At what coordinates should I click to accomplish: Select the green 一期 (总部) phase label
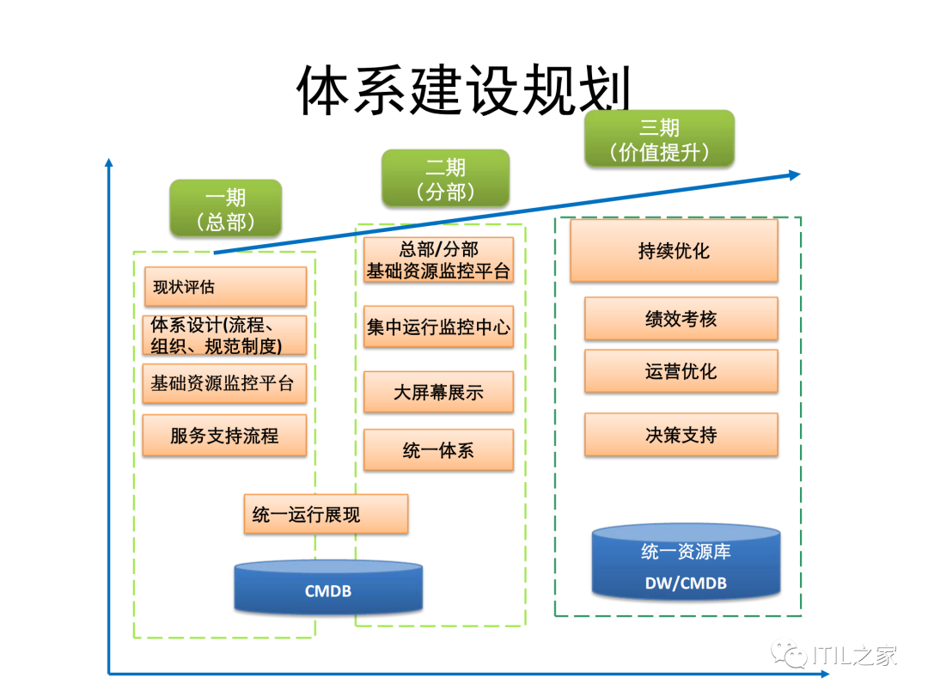click(x=226, y=209)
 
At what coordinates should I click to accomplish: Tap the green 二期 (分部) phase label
click(x=445, y=179)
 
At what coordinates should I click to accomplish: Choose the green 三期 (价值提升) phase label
click(x=660, y=139)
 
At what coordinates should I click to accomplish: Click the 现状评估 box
click(x=224, y=286)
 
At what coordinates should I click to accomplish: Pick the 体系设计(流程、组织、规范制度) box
click(x=224, y=335)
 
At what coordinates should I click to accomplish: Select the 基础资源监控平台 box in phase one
click(x=224, y=383)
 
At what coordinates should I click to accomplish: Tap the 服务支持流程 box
click(x=224, y=436)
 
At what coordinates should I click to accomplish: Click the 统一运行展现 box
click(x=325, y=514)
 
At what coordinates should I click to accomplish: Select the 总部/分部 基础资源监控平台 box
click(x=438, y=260)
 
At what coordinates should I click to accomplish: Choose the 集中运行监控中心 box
click(x=438, y=327)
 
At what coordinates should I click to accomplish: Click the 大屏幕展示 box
click(x=438, y=393)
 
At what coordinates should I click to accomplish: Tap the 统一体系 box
click(x=438, y=450)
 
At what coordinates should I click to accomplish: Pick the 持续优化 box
click(x=674, y=251)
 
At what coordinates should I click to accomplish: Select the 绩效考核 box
click(x=681, y=319)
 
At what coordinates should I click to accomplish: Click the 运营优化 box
click(x=681, y=371)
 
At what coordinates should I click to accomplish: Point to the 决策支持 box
click(x=681, y=435)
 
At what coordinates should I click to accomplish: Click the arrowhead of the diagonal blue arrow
click(x=793, y=174)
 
